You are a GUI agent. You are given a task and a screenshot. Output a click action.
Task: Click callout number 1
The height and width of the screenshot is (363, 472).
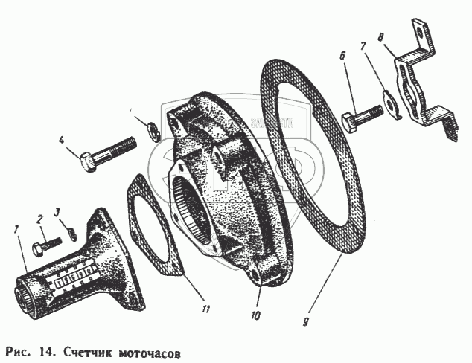point(16,227)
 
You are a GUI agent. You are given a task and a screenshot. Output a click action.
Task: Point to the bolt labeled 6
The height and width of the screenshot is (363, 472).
point(363,116)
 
